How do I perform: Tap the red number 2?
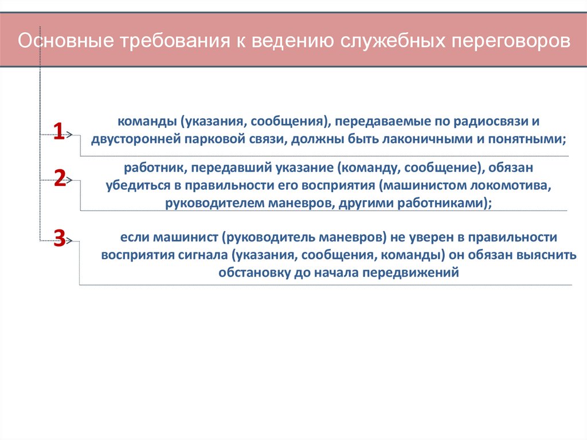[60, 178]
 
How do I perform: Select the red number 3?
[59, 237]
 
